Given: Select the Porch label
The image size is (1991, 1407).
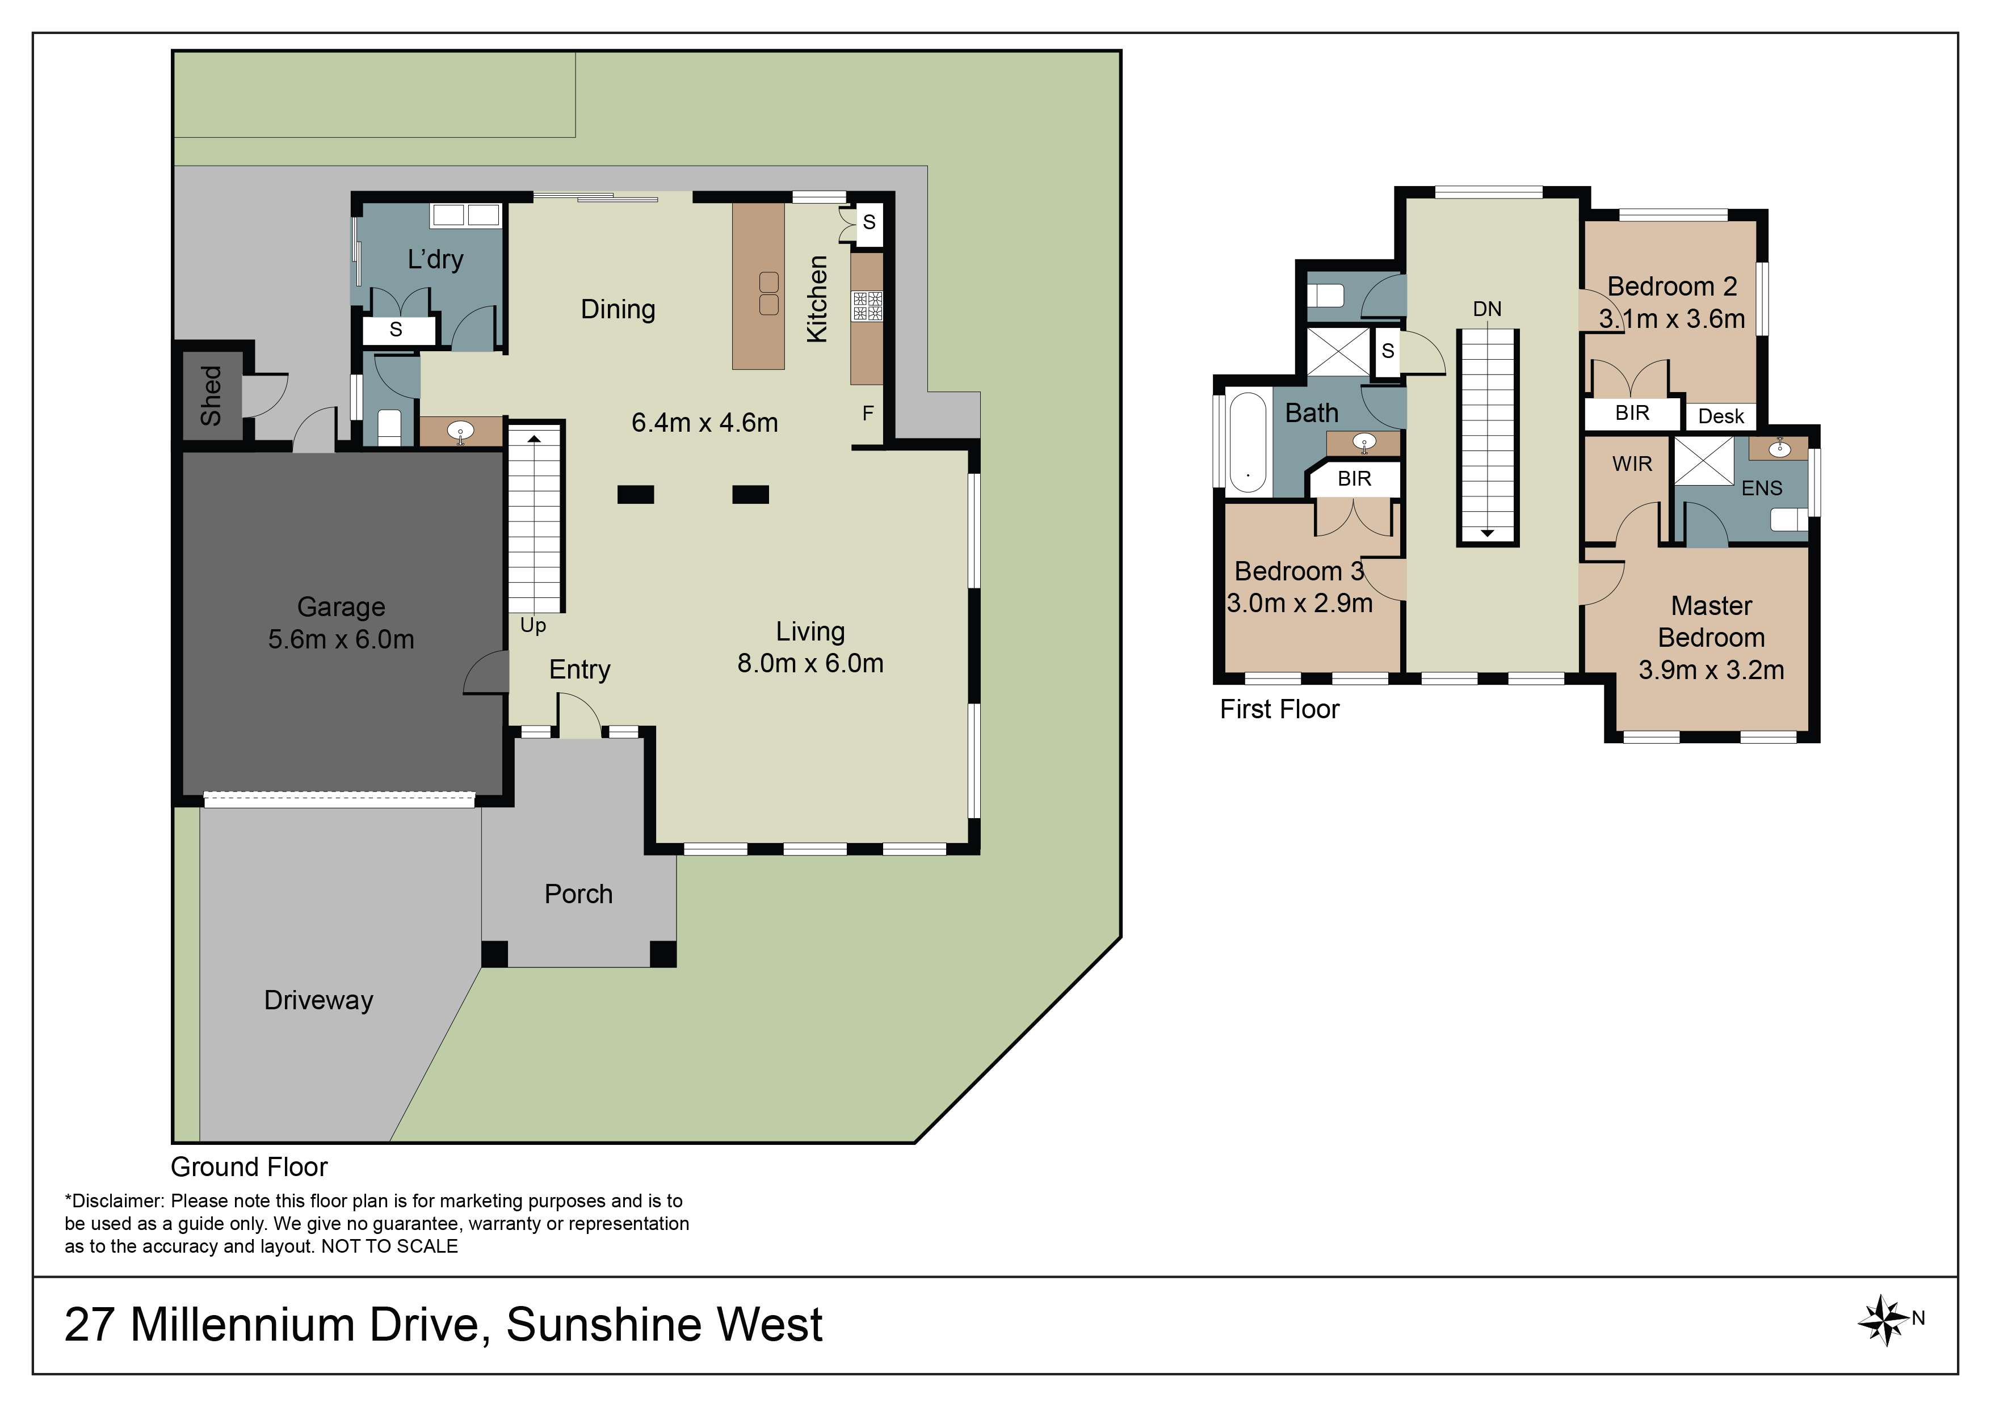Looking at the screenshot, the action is click(x=578, y=894).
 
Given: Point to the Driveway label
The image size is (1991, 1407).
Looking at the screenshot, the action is click(x=318, y=1000).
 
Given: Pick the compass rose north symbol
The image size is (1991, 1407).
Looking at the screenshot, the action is click(x=1884, y=1320).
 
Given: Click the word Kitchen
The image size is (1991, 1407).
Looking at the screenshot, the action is click(x=817, y=298).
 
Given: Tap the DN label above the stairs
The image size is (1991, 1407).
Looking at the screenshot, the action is click(x=1486, y=309).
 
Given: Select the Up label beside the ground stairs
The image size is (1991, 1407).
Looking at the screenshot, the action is click(x=532, y=626).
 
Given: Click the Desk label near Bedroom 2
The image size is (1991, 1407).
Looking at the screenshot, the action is click(x=1720, y=416).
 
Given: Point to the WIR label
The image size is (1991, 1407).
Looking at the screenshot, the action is click(x=1632, y=464).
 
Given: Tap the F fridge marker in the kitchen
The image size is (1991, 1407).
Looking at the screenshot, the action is click(x=867, y=414).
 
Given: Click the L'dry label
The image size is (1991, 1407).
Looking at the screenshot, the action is click(x=435, y=259).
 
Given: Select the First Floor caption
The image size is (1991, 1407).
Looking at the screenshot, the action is click(x=1279, y=709).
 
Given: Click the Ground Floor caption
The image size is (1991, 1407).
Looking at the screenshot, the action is click(x=249, y=1167).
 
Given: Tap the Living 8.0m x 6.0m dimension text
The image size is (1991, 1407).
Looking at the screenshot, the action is click(x=810, y=663).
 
